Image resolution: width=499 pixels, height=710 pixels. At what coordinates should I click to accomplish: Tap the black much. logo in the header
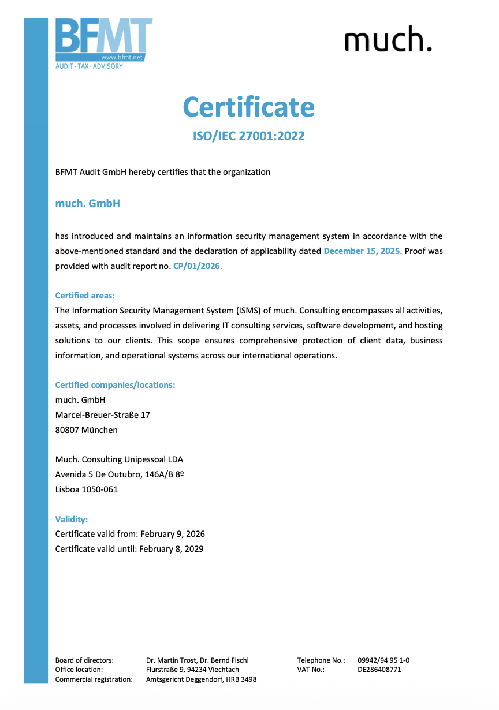point(388,39)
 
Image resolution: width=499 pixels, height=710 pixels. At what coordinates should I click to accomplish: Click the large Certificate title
point(249,107)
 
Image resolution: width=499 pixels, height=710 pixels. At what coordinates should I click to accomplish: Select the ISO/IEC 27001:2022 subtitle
point(248,136)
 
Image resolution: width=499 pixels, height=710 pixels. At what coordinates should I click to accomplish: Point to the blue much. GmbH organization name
point(88,204)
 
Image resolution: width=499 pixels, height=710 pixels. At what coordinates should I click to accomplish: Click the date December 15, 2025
point(362,251)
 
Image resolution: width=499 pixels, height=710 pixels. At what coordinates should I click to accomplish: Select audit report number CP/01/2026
point(197,266)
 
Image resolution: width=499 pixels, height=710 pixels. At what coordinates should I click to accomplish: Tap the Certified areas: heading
point(85,296)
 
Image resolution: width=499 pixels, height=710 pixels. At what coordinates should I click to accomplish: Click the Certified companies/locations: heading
point(115,385)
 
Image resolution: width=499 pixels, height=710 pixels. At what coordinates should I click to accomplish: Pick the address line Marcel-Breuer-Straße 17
point(102,415)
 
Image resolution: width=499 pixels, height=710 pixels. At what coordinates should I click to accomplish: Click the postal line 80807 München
point(86,430)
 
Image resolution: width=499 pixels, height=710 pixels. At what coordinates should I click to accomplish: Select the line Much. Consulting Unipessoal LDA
point(119,459)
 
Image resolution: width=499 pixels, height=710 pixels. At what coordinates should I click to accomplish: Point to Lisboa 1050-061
point(86,489)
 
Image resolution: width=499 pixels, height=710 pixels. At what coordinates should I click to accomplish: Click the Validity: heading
point(72,519)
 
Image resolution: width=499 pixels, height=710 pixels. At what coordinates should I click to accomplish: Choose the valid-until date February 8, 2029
point(172,549)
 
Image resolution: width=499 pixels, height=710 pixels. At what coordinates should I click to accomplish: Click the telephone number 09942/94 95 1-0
point(383,660)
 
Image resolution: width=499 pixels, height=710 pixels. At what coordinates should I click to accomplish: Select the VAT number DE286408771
point(379,670)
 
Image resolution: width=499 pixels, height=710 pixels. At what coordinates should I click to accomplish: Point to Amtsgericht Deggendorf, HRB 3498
point(202,679)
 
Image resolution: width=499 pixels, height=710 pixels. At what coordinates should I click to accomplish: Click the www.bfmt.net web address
point(121,58)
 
